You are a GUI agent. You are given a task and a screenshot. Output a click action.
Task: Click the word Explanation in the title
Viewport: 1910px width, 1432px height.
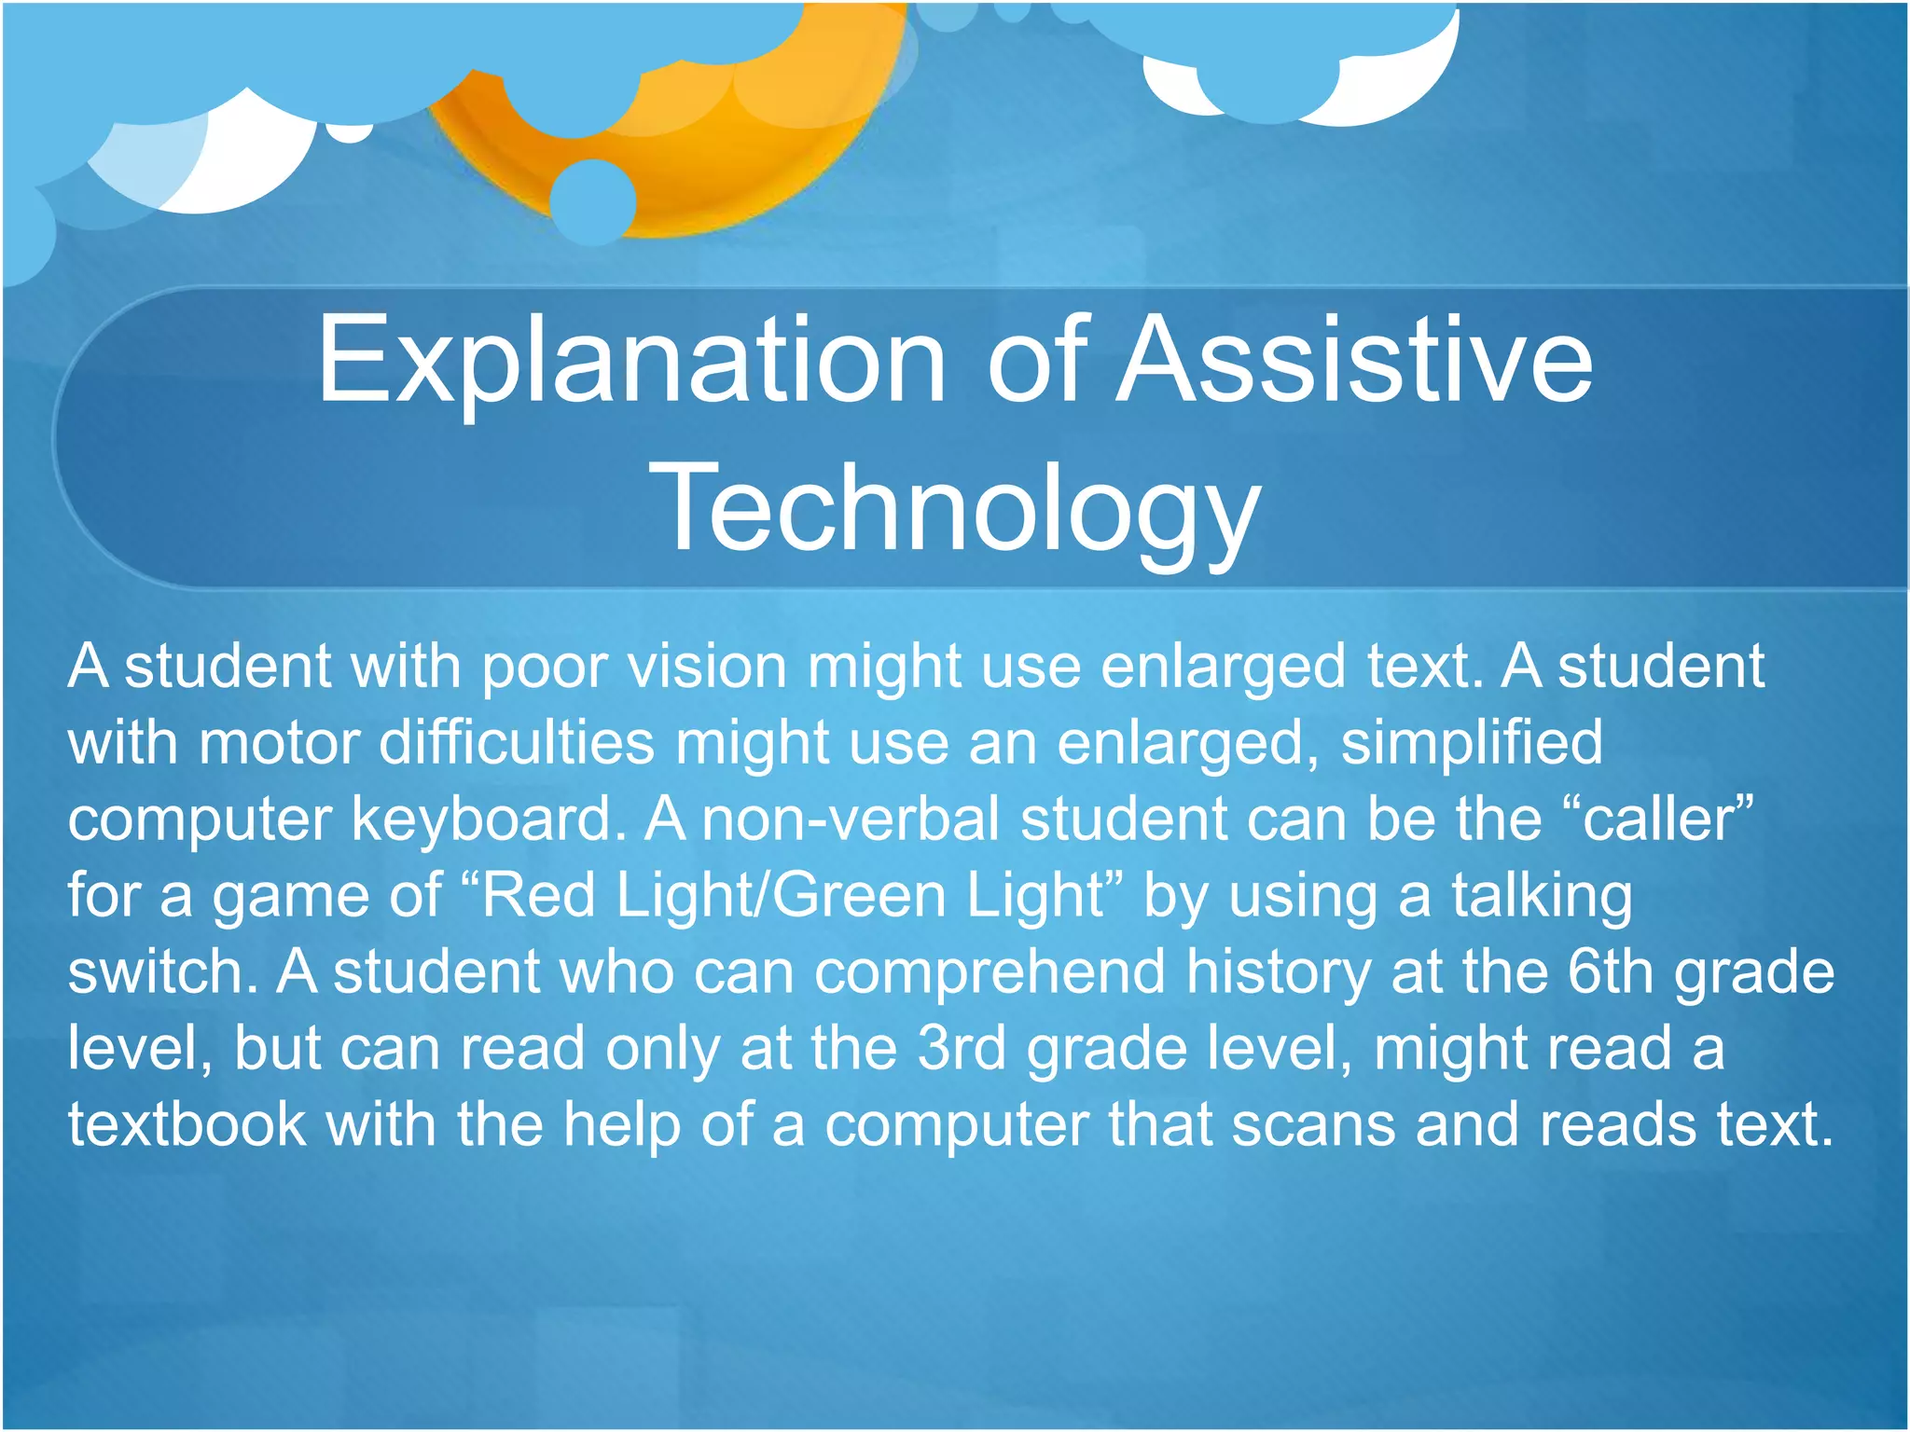(x=631, y=361)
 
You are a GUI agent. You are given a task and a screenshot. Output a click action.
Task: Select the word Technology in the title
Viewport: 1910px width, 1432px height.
(x=955, y=512)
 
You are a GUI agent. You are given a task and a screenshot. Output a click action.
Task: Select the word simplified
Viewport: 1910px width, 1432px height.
(x=1472, y=743)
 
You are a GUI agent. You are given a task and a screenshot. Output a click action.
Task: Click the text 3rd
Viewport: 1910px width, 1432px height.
(x=962, y=1049)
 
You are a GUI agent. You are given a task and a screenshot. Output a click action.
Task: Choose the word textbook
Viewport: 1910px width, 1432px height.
(x=187, y=1125)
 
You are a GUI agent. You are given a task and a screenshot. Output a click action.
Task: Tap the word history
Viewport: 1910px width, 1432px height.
(x=1279, y=972)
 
